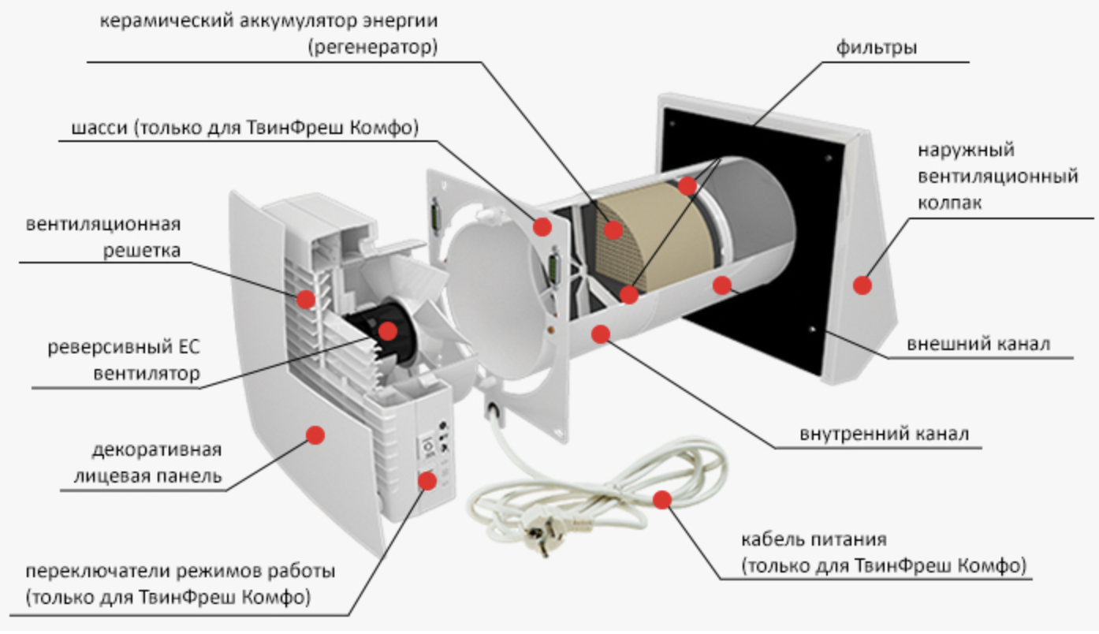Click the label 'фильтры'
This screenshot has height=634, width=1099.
tap(876, 47)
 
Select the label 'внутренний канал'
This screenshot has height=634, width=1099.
tap(884, 434)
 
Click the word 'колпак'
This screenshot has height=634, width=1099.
tap(950, 203)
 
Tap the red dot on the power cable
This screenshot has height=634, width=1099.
tap(661, 498)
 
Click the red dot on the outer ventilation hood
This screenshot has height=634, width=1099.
tap(862, 285)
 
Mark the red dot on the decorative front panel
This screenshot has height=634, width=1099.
tap(315, 434)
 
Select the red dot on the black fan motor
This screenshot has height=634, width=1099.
tap(388, 330)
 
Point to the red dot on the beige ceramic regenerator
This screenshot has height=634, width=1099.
tap(612, 229)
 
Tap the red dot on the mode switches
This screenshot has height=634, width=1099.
tap(427, 479)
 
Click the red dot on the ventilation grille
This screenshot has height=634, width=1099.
tap(305, 298)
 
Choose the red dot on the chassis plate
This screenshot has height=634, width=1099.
tap(542, 226)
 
